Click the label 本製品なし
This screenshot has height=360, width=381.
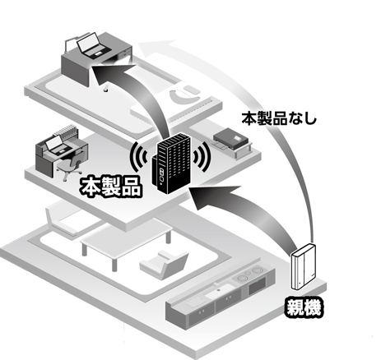pyautogui.click(x=279, y=119)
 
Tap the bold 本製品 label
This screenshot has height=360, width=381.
pyautogui.click(x=111, y=187)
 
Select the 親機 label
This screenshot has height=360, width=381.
pyautogui.click(x=304, y=308)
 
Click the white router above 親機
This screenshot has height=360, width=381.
pyautogui.click(x=303, y=266)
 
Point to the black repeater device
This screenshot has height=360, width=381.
pyautogui.click(x=170, y=163)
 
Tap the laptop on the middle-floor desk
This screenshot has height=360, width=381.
pyautogui.click(x=58, y=145)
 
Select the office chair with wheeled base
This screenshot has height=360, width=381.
pyautogui.click(x=70, y=166)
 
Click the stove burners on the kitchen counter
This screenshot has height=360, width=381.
pyautogui.click(x=250, y=274)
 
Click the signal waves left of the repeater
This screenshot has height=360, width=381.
pyautogui.click(x=139, y=157)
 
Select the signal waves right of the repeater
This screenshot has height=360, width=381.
pyautogui.click(x=202, y=157)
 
